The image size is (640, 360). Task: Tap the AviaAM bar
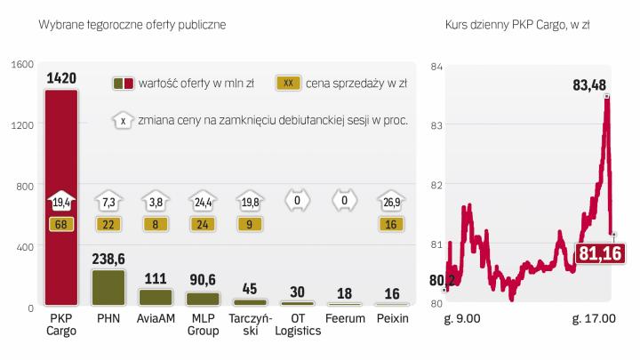pos(156,297)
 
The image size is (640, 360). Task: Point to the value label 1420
pos(60,79)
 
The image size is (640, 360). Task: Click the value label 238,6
pos(108,259)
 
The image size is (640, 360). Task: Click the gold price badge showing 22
pos(108,224)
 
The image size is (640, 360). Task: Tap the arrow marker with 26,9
pos(391,201)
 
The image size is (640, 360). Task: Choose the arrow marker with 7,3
pos(108,201)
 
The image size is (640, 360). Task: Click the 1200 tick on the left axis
pos(22,125)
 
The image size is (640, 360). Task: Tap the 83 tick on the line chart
pos(436,125)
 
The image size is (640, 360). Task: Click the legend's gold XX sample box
pos(287,84)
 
